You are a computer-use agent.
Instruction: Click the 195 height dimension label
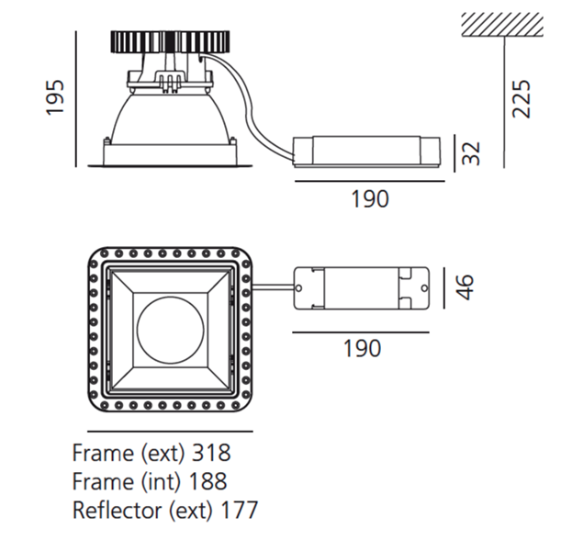click(55, 97)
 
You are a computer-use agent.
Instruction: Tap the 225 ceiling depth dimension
click(521, 99)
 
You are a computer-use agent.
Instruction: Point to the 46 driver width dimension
click(465, 287)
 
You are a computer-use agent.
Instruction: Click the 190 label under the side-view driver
click(370, 199)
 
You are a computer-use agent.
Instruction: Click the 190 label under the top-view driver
click(362, 348)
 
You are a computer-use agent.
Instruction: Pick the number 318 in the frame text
click(211, 453)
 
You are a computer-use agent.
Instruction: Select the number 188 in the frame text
click(208, 481)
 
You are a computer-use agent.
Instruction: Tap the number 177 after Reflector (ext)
click(239, 510)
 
